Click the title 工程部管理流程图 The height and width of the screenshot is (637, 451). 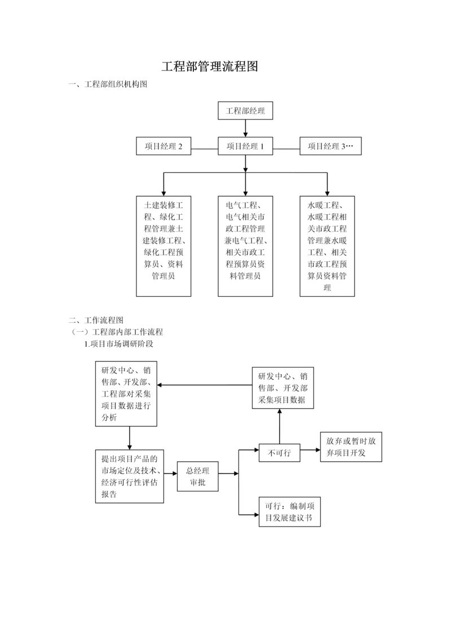coord(210,66)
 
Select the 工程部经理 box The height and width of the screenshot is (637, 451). coord(245,110)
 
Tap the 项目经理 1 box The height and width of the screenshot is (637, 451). coord(245,146)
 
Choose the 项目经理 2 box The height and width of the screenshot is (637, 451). coord(163,146)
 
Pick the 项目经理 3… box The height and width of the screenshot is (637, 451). coord(330,146)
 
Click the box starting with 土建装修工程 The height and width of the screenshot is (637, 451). coord(163,246)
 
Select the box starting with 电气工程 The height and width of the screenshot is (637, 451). coord(245,246)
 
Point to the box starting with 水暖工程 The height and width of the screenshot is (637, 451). coord(327,246)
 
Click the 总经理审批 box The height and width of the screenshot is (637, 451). coord(197,476)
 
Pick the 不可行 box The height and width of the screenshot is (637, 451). coord(279,453)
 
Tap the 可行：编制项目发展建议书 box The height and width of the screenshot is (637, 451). coord(289,511)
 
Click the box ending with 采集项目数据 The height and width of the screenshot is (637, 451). coord(282,388)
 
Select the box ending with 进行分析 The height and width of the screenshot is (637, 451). coord(126,393)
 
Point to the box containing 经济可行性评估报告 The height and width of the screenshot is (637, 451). coord(129,476)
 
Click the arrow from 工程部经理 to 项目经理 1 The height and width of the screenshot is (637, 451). coord(245,129)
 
